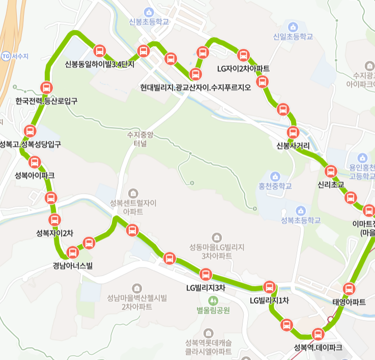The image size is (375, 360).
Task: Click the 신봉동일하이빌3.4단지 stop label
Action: point(100,64)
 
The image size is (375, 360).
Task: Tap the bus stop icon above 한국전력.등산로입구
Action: point(46,87)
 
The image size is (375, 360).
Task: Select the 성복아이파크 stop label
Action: point(35,175)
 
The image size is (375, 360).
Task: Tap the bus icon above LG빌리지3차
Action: point(206,275)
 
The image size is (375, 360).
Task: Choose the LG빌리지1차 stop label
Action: point(269,301)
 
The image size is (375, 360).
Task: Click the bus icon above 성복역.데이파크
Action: point(318,335)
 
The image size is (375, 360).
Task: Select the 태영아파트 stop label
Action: point(349,302)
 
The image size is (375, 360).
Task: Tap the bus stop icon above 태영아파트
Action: point(349,289)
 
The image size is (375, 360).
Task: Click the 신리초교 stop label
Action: point(331,184)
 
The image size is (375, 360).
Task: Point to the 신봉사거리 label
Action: point(293,146)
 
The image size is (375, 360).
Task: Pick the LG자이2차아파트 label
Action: point(243,69)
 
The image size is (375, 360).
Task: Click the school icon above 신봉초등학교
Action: point(149,11)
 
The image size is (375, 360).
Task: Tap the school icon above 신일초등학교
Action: point(293,26)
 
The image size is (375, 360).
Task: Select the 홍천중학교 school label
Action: point(275,186)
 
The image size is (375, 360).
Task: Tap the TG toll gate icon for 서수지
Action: point(6,55)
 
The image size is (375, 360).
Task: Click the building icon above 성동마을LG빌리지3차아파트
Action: point(217,237)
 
